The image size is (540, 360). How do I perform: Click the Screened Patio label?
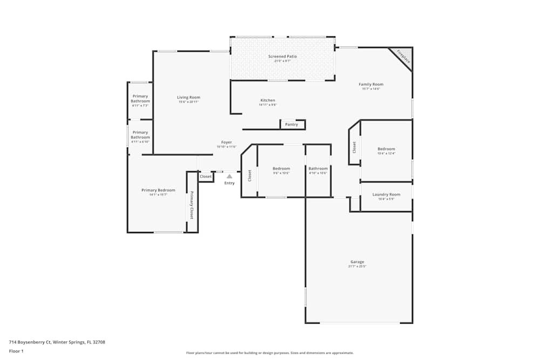coord(282,57)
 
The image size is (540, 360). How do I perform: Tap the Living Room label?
coord(188,98)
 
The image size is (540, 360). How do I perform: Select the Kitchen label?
coord(268,100)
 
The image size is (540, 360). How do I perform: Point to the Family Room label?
coord(371,85)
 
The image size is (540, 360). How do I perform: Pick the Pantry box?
coord(292,125)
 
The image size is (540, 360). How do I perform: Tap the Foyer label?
coord(226,142)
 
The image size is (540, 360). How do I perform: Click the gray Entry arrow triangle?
coord(230,176)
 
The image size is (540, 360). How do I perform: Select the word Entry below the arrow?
coord(230,183)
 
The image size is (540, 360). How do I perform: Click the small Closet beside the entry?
coord(206,176)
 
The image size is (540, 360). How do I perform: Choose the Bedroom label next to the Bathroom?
coord(281,169)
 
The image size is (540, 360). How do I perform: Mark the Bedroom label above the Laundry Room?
coord(386,150)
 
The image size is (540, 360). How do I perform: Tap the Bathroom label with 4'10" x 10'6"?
coord(318,169)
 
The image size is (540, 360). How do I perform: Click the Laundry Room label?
coord(386,195)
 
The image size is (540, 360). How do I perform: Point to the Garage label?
coord(357,262)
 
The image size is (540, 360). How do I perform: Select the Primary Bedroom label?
coord(158,191)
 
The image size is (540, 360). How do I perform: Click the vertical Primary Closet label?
coord(192,205)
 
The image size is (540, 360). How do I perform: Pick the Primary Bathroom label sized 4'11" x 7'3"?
coord(140,99)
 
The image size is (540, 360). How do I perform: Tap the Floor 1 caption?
coord(16,351)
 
